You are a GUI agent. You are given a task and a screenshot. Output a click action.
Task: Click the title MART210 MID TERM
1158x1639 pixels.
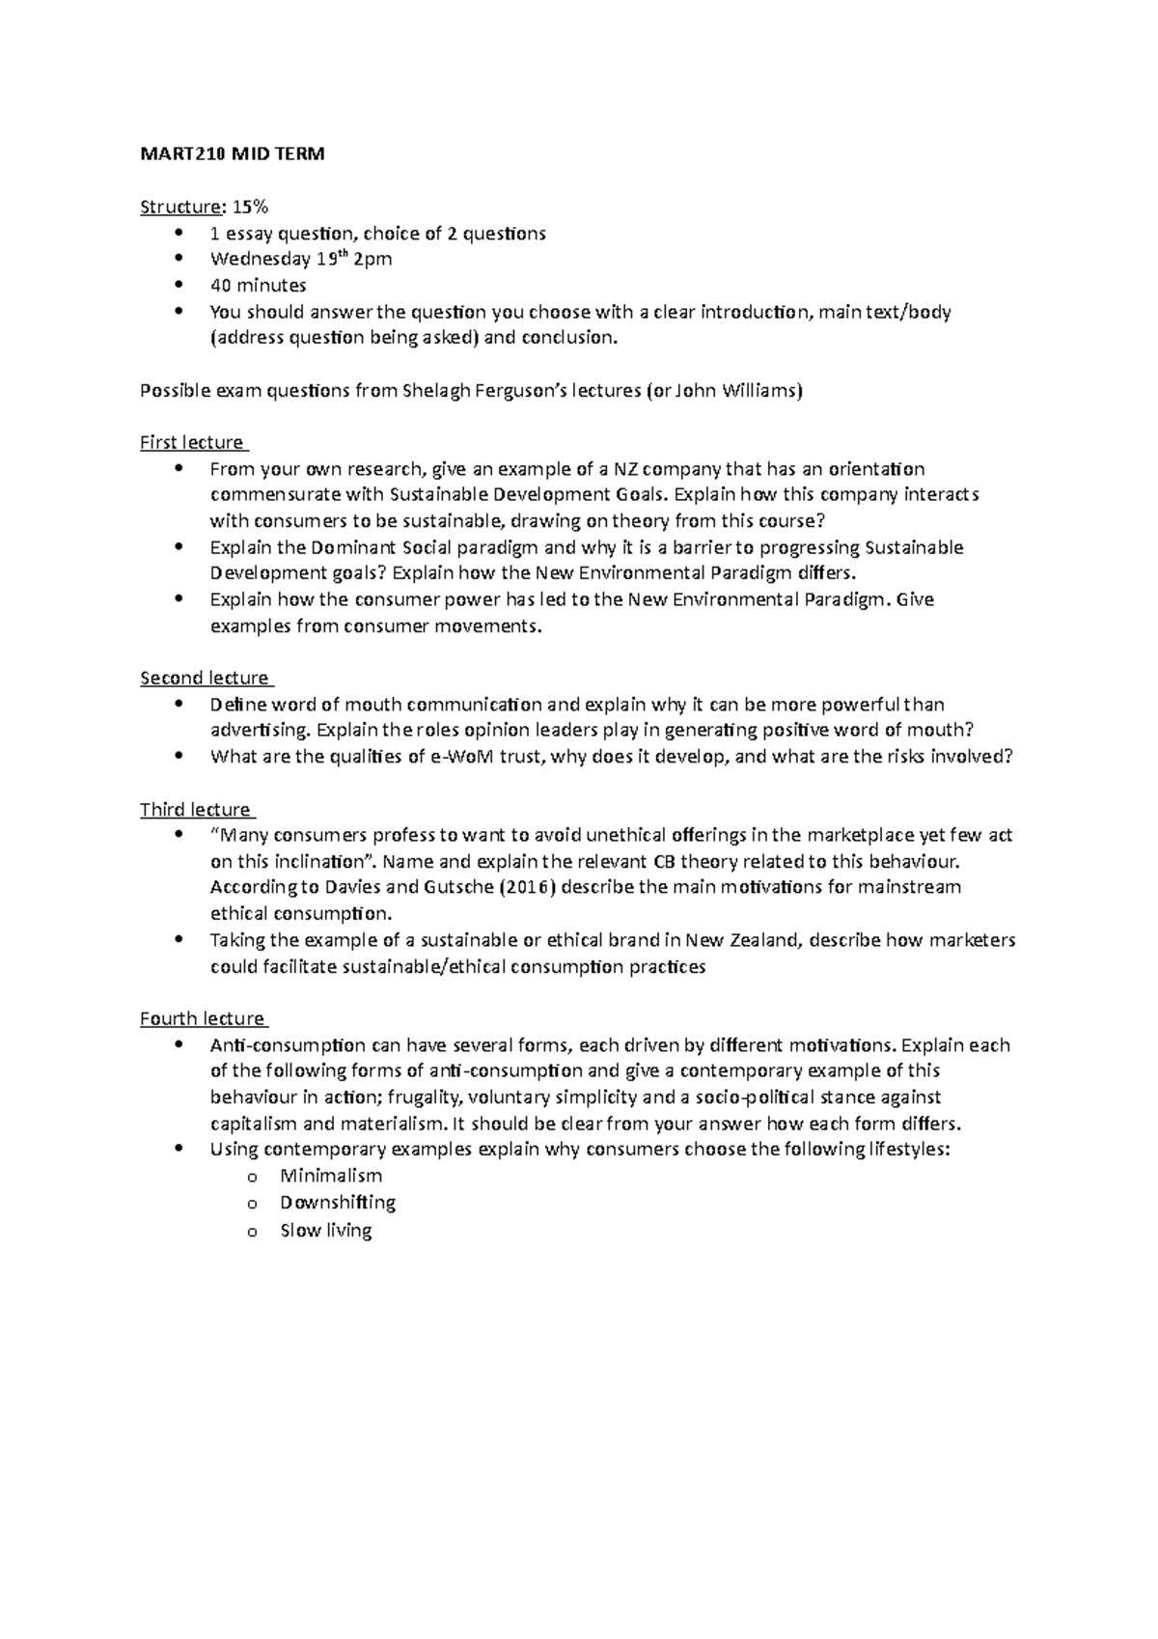pyautogui.click(x=233, y=153)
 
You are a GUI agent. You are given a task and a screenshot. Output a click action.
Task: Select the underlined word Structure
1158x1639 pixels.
pyautogui.click(x=180, y=207)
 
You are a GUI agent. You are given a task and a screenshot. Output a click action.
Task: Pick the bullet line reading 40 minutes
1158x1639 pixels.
pyautogui.click(x=258, y=286)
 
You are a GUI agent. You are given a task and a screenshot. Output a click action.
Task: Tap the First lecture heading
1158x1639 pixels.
pyautogui.click(x=192, y=443)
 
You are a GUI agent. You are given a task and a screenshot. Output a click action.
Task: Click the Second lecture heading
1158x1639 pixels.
pyautogui.click(x=204, y=679)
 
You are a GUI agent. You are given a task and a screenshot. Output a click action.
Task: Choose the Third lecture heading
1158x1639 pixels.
pyautogui.click(x=195, y=810)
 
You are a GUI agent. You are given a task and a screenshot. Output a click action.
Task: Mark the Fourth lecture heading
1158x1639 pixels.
pyautogui.click(x=202, y=1019)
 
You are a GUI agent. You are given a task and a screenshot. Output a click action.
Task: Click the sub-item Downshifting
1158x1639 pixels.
pyautogui.click(x=338, y=1203)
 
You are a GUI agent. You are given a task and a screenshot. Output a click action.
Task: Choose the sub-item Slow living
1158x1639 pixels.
pyautogui.click(x=325, y=1231)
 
